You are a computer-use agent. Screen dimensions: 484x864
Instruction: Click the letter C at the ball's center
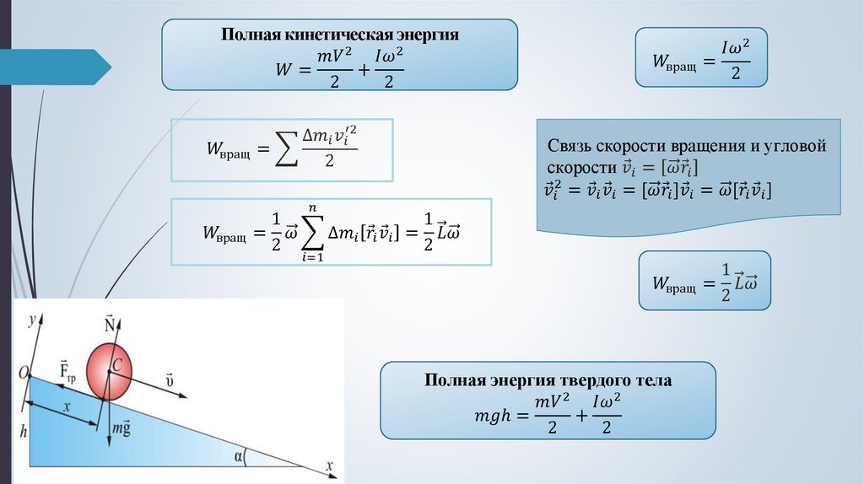117,365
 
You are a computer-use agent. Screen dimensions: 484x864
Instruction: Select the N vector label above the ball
109,325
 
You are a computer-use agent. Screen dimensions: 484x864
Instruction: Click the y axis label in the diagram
30,320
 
